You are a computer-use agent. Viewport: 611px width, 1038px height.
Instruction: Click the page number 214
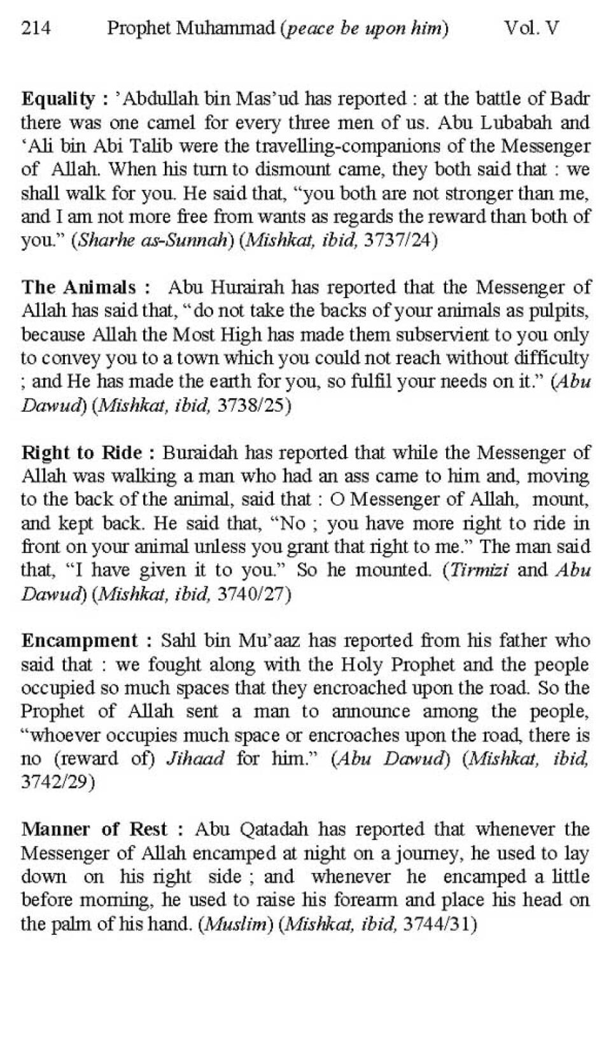click(x=36, y=28)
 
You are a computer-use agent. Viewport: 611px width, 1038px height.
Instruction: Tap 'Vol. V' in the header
click(x=531, y=28)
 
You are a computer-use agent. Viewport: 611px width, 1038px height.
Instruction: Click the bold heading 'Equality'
click(x=57, y=99)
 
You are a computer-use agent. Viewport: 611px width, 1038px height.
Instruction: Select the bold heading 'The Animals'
click(x=79, y=287)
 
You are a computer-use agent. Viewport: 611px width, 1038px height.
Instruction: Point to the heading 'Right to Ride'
click(x=81, y=452)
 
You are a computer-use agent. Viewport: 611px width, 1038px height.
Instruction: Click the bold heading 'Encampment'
click(x=80, y=640)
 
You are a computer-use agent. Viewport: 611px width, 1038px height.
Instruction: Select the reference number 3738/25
click(x=253, y=406)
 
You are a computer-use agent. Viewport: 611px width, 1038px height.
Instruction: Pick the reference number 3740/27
click(x=253, y=594)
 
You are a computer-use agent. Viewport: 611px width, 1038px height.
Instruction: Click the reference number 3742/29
click(x=57, y=782)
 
